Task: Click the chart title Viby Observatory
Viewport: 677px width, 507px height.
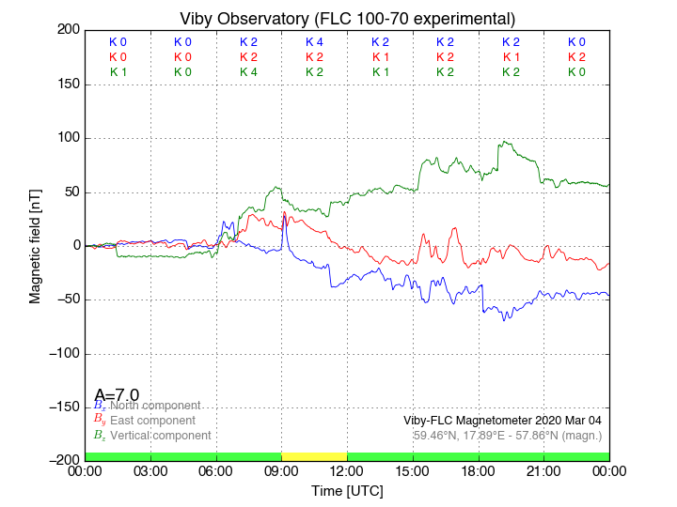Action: pyautogui.click(x=347, y=19)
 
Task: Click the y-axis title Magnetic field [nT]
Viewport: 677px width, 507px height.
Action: pyautogui.click(x=36, y=244)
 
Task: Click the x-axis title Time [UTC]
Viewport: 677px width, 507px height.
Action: pyautogui.click(x=347, y=490)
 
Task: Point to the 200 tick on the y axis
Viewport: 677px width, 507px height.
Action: pyautogui.click(x=68, y=30)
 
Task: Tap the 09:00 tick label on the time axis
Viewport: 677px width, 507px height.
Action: pyautogui.click(x=282, y=471)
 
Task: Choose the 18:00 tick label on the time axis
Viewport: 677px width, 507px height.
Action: pyautogui.click(x=479, y=471)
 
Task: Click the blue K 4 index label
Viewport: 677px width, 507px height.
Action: pyautogui.click(x=314, y=42)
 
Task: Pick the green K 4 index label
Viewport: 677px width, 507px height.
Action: pyautogui.click(x=248, y=72)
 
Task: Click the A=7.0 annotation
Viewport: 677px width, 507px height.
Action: pyautogui.click(x=117, y=395)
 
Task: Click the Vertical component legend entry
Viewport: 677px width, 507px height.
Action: pyautogui.click(x=158, y=436)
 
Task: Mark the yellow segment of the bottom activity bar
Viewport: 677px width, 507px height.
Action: pyautogui.click(x=314, y=456)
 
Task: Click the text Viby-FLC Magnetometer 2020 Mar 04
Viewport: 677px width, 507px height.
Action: pyautogui.click(x=502, y=421)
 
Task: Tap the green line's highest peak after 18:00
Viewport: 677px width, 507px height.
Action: pyautogui.click(x=505, y=142)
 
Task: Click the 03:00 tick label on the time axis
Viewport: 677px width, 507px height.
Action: pyautogui.click(x=150, y=471)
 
